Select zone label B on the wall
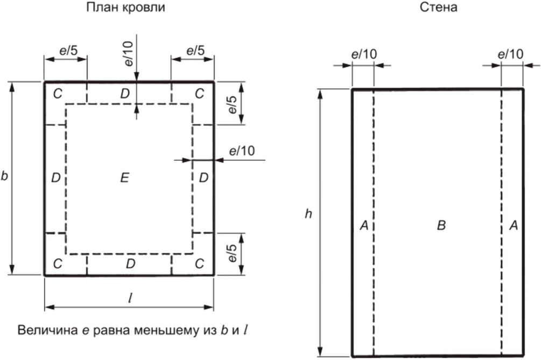440,227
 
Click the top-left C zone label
57,94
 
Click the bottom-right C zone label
200,264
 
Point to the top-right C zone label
200,94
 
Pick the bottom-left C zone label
57,264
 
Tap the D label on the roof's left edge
55,178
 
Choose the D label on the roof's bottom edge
130,264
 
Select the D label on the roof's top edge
125,94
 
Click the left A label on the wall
363,227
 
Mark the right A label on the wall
513,227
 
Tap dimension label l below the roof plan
130,299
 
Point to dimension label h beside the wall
308,214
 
